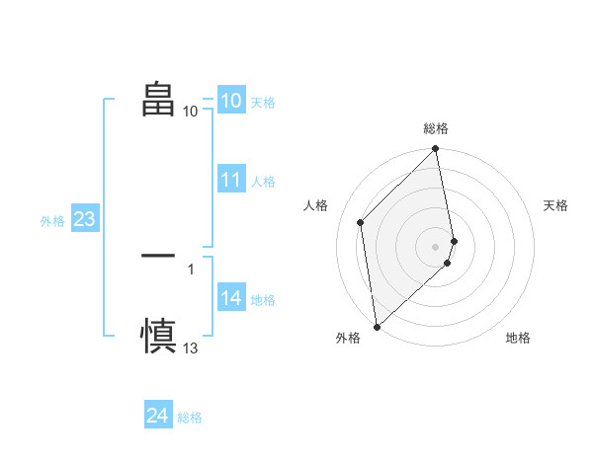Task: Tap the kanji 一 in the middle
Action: [x=158, y=256]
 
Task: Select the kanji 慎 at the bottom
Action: [x=158, y=335]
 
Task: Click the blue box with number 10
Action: [x=231, y=101]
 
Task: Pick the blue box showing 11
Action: [x=231, y=180]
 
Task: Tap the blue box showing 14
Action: [x=231, y=298]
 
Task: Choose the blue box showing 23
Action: [x=85, y=219]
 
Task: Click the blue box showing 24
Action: [x=158, y=416]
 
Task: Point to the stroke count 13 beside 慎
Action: [x=191, y=348]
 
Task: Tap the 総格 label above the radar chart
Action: [x=436, y=129]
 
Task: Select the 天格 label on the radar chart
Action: [x=555, y=205]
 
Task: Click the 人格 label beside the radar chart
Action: [x=316, y=205]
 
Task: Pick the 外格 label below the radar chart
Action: [x=348, y=338]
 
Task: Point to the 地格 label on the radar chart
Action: [x=518, y=338]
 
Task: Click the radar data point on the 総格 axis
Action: [x=436, y=150]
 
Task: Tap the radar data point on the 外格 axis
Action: [x=376, y=327]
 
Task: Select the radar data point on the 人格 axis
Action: [x=361, y=222]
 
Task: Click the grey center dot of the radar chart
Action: [x=436, y=246]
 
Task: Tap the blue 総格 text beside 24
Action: [x=190, y=418]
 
